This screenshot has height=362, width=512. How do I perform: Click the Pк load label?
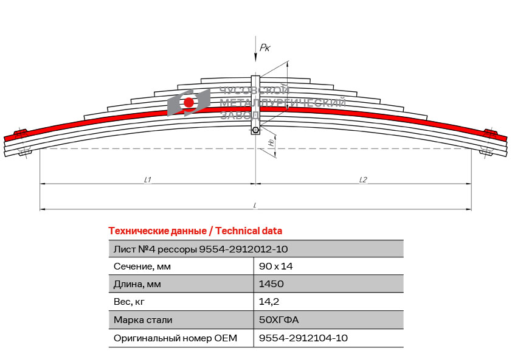pyautogui.click(x=265, y=48)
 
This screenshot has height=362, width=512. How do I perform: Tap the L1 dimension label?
pyautogui.click(x=148, y=179)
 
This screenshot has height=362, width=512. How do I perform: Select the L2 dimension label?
pyautogui.click(x=363, y=179)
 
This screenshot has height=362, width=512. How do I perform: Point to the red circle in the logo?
pyautogui.click(x=189, y=102)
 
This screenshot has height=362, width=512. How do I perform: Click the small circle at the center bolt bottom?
pyautogui.click(x=255, y=130)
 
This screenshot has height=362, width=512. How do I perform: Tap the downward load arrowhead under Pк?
pyautogui.click(x=255, y=58)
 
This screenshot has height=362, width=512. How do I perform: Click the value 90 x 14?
pyautogui.click(x=275, y=266)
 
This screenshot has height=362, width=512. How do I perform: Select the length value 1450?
pyautogui.click(x=271, y=284)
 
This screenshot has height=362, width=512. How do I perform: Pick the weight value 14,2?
pyautogui.click(x=269, y=302)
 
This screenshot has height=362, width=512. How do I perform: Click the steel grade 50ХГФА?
pyautogui.click(x=278, y=319)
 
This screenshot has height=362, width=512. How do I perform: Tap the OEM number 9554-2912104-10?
pyautogui.click(x=303, y=338)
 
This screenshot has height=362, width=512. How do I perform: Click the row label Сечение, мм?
pyautogui.click(x=142, y=266)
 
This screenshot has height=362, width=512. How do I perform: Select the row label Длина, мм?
pyautogui.click(x=137, y=284)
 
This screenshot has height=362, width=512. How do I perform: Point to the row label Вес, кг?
pyautogui.click(x=129, y=302)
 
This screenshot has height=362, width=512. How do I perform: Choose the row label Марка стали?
pyautogui.click(x=143, y=320)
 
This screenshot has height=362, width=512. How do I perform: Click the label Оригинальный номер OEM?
pyautogui.click(x=175, y=338)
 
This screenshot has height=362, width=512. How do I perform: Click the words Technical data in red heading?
pyautogui.click(x=249, y=231)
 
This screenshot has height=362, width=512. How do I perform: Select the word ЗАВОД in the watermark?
pyautogui.click(x=240, y=115)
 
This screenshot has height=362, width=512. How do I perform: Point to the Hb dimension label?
pyautogui.click(x=271, y=143)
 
